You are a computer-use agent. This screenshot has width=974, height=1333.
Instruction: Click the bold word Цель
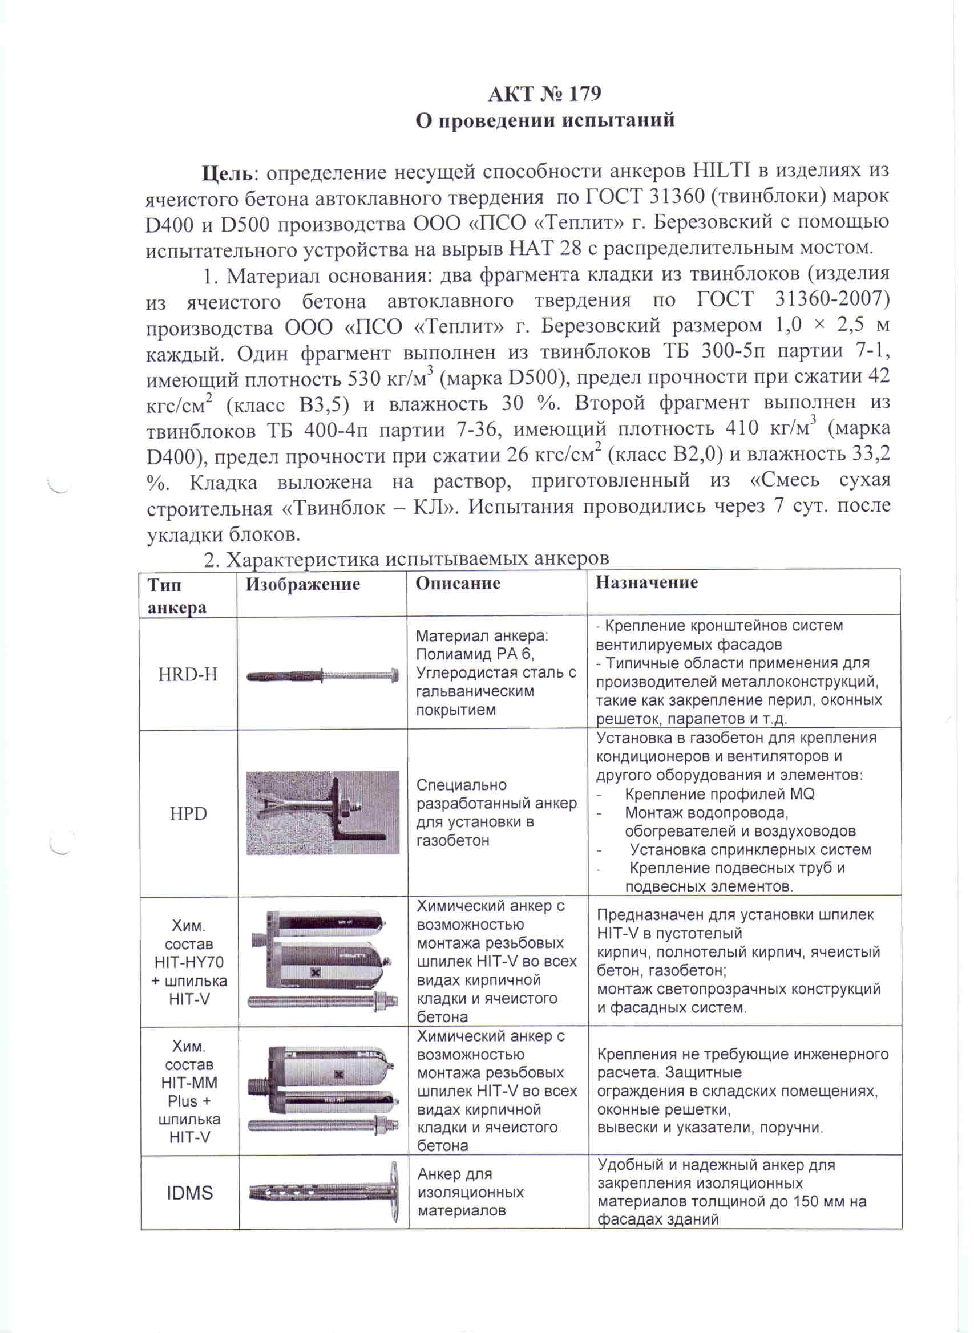click(x=227, y=173)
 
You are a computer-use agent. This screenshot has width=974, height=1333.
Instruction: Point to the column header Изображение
click(x=302, y=584)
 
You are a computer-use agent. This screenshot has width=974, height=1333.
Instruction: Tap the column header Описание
click(x=458, y=584)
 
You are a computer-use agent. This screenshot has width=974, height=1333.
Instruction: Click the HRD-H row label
click(x=188, y=674)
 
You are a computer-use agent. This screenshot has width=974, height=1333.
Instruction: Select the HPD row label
click(x=188, y=814)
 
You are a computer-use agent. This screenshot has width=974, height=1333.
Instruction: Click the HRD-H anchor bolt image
click(x=322, y=675)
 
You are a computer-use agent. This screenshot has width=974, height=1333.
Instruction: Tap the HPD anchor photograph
click(x=322, y=813)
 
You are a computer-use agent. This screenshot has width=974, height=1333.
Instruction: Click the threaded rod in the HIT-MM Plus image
click(x=322, y=1125)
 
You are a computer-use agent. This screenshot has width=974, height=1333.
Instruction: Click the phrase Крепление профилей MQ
click(x=720, y=795)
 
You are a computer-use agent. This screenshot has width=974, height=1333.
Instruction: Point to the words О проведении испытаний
click(x=545, y=120)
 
